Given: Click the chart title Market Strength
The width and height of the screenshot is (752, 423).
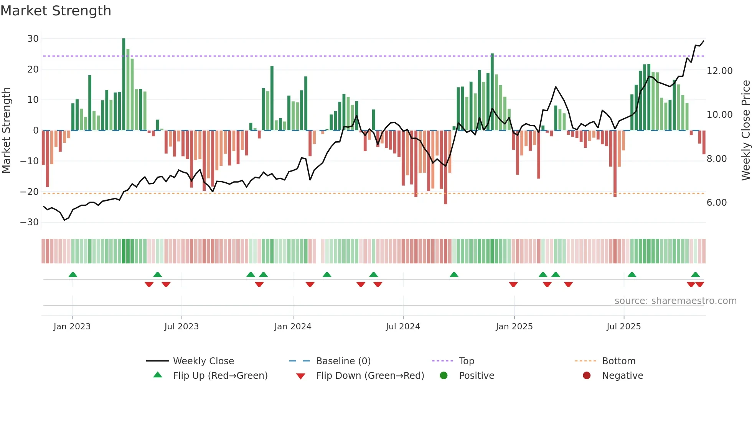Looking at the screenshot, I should (56, 11).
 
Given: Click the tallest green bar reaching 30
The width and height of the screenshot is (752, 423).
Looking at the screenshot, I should (124, 84).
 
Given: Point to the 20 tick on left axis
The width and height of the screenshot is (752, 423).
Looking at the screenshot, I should (33, 69).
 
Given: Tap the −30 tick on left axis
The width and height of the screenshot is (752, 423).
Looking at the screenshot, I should (29, 222).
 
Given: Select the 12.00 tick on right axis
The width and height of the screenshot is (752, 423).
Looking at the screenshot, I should (719, 71).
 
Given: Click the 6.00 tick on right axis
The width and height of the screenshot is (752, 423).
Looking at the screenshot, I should (716, 203).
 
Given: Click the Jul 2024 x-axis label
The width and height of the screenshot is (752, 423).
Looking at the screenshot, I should (403, 327).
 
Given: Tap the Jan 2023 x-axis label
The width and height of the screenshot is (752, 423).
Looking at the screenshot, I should (72, 327).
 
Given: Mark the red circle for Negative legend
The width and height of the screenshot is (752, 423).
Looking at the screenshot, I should (587, 376).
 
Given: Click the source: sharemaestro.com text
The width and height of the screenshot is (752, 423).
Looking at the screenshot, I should (675, 301).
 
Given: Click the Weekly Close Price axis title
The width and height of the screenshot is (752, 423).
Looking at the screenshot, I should (745, 131).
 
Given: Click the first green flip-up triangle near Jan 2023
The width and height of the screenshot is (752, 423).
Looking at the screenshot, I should (73, 274).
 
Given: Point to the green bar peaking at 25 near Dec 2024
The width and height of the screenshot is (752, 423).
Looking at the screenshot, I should (492, 92).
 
